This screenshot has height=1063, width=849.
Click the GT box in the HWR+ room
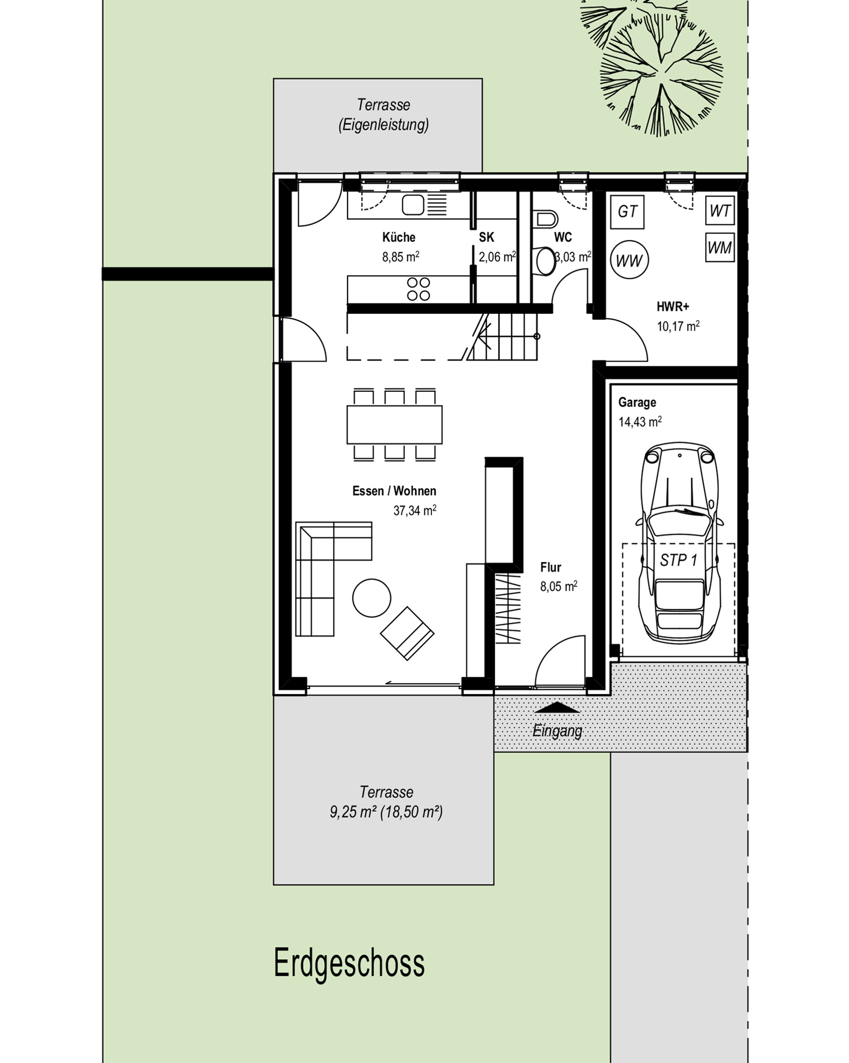click(627, 211)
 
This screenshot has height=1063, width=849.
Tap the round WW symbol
click(629, 260)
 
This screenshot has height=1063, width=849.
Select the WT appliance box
click(720, 211)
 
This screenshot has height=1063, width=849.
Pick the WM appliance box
click(720, 247)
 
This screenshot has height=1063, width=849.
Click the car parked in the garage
click(680, 543)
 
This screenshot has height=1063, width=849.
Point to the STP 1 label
click(679, 560)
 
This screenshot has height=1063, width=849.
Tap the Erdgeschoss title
click(349, 964)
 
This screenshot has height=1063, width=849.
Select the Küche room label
click(398, 237)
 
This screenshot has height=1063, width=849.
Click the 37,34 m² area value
click(415, 510)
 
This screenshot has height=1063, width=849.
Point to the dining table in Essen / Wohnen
click(394, 424)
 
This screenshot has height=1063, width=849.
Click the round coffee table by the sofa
click(371, 597)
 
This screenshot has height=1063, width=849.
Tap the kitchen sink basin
click(413, 205)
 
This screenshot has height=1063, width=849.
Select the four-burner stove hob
click(418, 289)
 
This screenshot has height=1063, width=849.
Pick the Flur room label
click(551, 567)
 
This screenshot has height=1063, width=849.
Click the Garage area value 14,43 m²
click(640, 422)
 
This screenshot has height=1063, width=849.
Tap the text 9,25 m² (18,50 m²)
click(386, 812)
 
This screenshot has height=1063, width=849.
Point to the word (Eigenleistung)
click(384, 125)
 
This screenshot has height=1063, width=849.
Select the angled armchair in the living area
click(407, 633)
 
